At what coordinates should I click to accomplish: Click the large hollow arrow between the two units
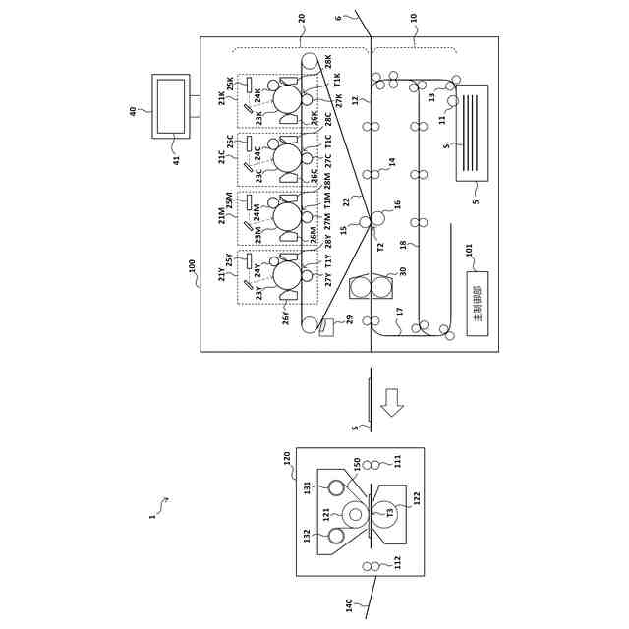[392, 402]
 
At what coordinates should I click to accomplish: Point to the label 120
[287, 458]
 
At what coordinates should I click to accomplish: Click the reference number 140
[349, 605]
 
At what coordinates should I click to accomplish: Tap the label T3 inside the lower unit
[389, 512]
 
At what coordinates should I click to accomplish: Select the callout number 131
[308, 486]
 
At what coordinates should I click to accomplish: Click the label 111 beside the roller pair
[398, 460]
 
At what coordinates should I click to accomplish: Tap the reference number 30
[402, 271]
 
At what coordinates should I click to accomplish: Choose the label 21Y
[222, 274]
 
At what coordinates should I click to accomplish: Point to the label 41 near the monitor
[178, 160]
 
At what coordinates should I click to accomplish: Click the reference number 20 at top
[302, 17]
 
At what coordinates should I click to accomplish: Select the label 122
[416, 498]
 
